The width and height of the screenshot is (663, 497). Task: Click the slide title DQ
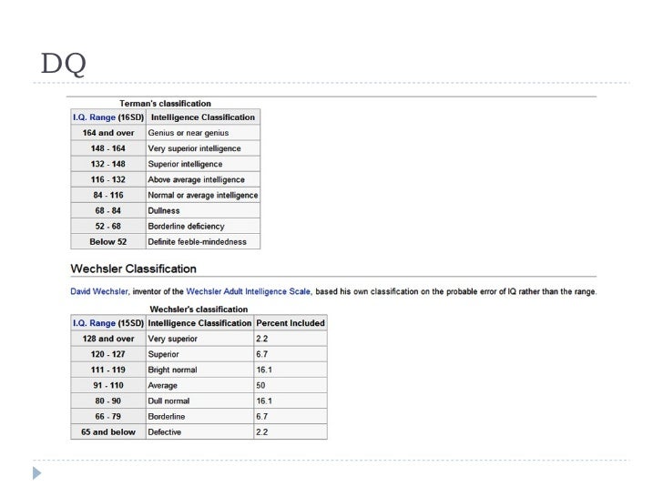coord(64,65)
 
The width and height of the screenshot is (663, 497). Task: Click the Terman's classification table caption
coord(166,104)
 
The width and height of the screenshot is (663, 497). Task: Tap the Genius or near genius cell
coord(189,133)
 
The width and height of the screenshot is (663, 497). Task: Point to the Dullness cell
coord(164,210)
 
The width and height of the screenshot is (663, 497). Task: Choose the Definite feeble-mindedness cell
coord(198,241)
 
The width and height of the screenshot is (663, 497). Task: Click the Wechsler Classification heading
coord(133,269)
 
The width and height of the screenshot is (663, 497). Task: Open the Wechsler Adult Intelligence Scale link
coord(249,292)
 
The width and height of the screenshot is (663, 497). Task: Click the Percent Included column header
coord(290,323)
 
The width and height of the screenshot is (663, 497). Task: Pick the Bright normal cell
coord(172,370)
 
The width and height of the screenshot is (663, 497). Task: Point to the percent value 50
coord(262,385)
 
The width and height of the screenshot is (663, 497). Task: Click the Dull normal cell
coord(168,401)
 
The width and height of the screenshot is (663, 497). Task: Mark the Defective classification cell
coord(165,431)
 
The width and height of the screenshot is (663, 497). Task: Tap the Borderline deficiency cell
coord(186,226)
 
